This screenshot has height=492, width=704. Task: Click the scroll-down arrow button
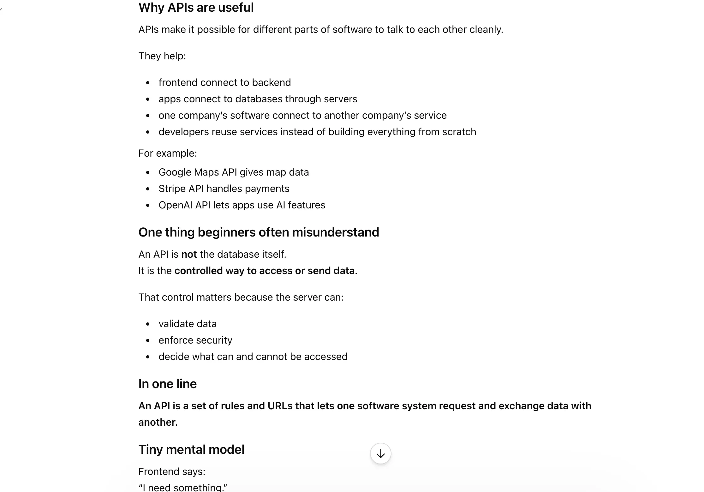click(380, 453)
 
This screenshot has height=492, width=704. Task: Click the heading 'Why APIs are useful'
click(196, 8)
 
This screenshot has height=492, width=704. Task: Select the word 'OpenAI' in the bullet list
click(176, 205)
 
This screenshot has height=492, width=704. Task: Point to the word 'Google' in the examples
click(175, 172)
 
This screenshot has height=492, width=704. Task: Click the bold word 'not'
click(189, 254)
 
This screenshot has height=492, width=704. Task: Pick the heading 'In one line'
click(167, 384)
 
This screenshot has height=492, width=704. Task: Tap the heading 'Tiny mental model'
click(191, 449)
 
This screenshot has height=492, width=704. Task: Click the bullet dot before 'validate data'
click(148, 324)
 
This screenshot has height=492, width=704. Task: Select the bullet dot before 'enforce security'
click(148, 340)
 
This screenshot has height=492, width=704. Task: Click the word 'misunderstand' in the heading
click(335, 232)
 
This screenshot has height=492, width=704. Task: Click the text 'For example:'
click(167, 153)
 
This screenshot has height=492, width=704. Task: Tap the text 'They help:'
click(162, 56)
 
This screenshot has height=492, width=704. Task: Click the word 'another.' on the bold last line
click(158, 422)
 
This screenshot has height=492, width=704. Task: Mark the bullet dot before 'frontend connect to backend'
click(148, 83)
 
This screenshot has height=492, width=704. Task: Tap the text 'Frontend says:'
click(172, 471)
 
